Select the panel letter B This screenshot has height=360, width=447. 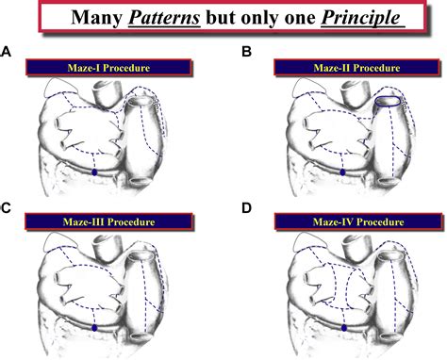(x=246, y=53)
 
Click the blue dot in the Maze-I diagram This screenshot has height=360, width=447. (x=96, y=172)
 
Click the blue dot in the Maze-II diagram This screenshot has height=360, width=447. (x=341, y=172)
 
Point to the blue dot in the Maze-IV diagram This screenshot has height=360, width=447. (x=344, y=327)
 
